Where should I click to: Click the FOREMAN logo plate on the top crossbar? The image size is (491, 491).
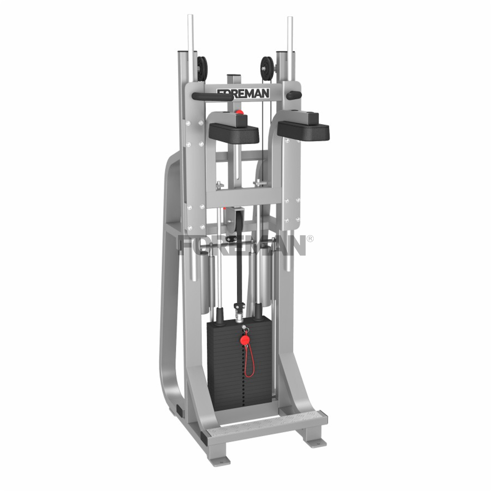click(x=243, y=93)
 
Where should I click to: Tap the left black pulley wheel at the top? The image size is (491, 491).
click(x=202, y=69)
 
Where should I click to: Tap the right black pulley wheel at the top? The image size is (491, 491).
click(x=267, y=69)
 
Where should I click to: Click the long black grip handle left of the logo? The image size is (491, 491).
click(x=213, y=96)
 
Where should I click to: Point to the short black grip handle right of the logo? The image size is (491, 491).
click(x=294, y=95)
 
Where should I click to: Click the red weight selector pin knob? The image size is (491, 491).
click(x=245, y=340)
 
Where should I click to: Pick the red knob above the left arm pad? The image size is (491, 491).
click(x=240, y=112)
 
